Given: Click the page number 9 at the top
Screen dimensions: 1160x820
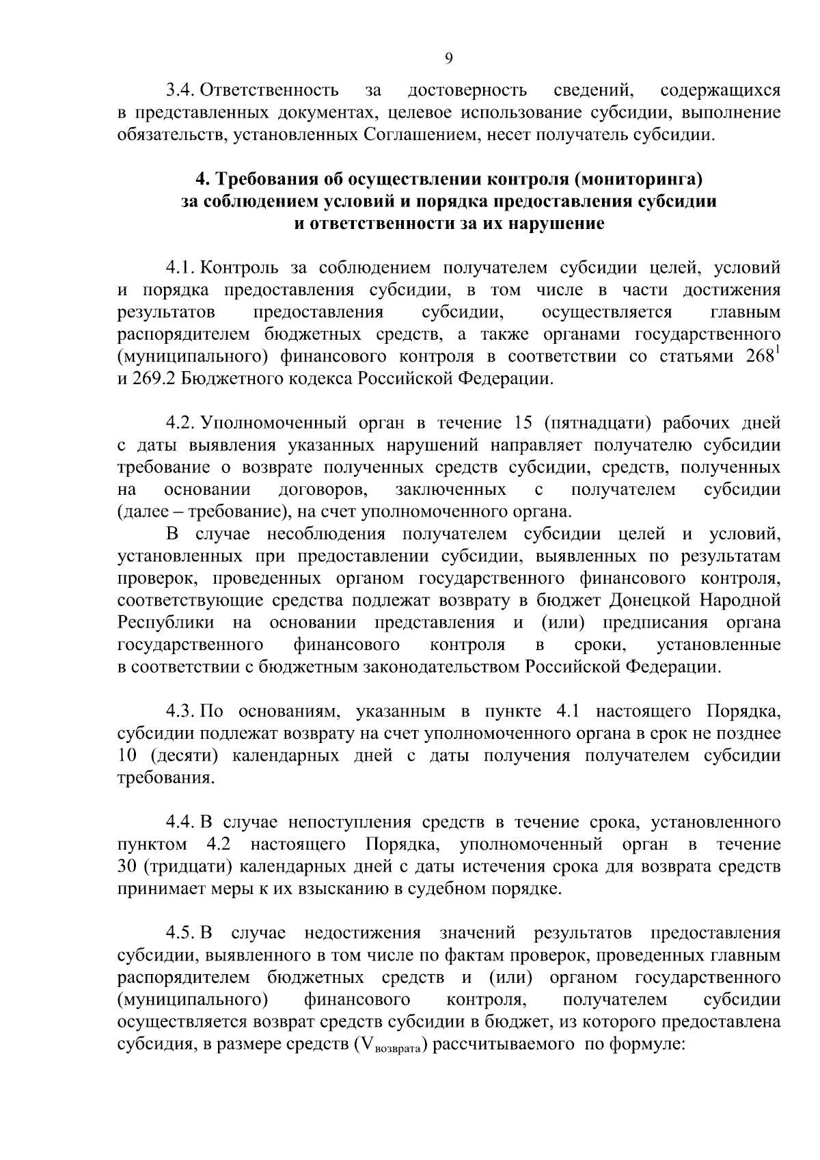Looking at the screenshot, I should tap(448, 59).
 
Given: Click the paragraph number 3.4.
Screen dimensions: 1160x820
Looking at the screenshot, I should tap(181, 90).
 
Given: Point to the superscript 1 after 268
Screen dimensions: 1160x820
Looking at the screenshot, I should tap(778, 351).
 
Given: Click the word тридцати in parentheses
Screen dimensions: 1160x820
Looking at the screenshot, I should tap(183, 867).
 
